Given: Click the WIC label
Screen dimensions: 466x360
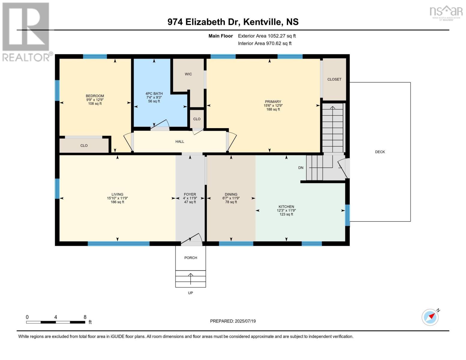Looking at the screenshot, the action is pyautogui.click(x=188, y=74).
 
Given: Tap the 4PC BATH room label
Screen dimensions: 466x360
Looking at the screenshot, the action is pyautogui.click(x=154, y=94).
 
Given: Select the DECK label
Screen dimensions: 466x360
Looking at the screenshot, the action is pyautogui.click(x=380, y=152).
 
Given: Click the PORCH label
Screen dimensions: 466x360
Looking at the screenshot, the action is pyautogui.click(x=191, y=258).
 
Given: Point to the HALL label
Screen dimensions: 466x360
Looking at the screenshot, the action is pyautogui.click(x=180, y=142).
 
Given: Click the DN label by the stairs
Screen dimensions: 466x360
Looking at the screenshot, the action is pyautogui.click(x=301, y=168).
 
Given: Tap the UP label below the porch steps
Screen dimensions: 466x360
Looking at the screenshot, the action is pyautogui.click(x=191, y=293).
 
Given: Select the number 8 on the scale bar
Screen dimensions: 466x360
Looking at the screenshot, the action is pyautogui.click(x=85, y=317).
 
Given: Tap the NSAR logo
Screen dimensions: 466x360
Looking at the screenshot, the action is pyautogui.click(x=446, y=13).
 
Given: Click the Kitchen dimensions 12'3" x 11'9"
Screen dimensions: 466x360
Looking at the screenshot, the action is pyautogui.click(x=286, y=211).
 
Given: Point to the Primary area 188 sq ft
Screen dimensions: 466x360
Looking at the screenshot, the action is pyautogui.click(x=273, y=109).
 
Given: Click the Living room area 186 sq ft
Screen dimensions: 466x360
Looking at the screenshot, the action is pyautogui.click(x=117, y=202).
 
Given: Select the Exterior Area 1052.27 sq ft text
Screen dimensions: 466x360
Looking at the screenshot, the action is pyautogui.click(x=267, y=36).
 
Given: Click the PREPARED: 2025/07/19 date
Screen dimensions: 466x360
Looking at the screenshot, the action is pyautogui.click(x=233, y=321).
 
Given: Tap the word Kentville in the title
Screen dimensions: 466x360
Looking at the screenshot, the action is pyautogui.click(x=262, y=22).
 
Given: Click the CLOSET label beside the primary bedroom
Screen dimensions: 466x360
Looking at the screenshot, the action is pyautogui.click(x=334, y=79).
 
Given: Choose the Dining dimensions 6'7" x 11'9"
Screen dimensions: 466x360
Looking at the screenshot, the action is pyautogui.click(x=231, y=198).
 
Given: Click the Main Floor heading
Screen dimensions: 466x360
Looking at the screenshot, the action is pyautogui.click(x=221, y=36).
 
